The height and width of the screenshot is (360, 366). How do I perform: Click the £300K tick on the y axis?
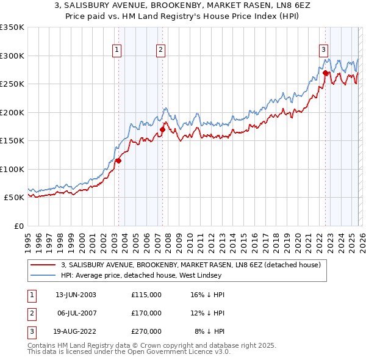tap(12, 56)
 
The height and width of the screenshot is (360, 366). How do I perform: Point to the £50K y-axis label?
tap(13, 198)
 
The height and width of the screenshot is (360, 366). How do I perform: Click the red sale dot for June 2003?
tap(118, 160)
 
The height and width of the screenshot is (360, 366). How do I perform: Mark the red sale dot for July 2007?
tap(163, 129)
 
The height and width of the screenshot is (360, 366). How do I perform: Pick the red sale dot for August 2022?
tap(326, 73)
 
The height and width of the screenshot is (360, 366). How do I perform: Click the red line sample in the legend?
tap(43, 265)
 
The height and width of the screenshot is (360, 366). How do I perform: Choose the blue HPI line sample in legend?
tap(43, 275)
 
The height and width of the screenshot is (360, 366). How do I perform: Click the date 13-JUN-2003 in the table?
tap(76, 295)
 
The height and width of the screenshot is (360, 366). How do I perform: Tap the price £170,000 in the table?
tap(146, 313)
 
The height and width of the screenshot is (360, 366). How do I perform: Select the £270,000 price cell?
tap(146, 331)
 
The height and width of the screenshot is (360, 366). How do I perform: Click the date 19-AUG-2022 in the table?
tap(76, 331)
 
